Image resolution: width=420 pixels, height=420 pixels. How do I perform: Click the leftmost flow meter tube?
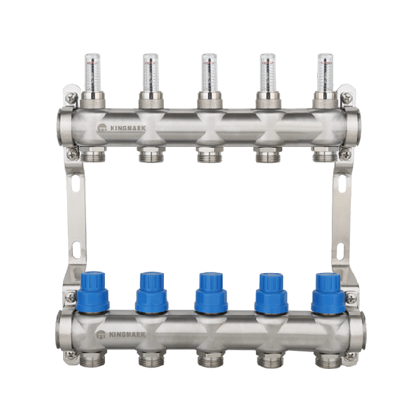pos(92,73)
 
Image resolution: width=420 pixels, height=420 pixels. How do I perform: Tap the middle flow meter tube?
pos(209,73)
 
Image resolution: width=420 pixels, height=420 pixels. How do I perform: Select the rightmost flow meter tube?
pos(325,73)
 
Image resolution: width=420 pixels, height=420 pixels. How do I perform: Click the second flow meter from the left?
pos(150,73)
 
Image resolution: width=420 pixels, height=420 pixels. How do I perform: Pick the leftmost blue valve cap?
pos(93,293)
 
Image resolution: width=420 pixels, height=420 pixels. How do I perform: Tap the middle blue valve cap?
pos(211,293)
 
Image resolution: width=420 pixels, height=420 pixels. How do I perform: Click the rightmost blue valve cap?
pos(328,293)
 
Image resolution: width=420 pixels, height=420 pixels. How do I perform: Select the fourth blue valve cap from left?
pos(270,293)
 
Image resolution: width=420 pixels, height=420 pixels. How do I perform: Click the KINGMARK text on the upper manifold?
pos(128,128)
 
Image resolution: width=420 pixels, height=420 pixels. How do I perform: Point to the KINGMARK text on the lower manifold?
pos(127,335)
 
